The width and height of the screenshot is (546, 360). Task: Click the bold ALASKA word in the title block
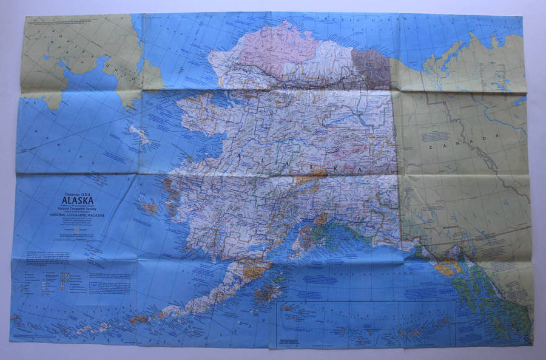pyautogui.click(x=77, y=196)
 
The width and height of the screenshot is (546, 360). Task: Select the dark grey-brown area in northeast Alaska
pyautogui.click(x=371, y=68)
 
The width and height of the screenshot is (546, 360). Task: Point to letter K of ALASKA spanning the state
pyautogui.click(x=329, y=165)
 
